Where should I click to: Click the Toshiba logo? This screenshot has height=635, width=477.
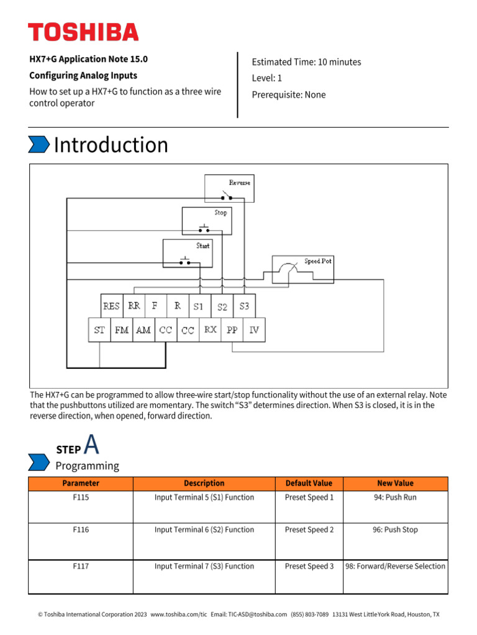(83, 32)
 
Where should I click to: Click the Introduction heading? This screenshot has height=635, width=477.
(111, 145)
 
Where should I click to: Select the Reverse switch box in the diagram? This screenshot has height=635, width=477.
(229, 188)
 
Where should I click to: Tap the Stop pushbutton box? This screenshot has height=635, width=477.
(206, 221)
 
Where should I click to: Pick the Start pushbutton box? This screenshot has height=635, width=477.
(187, 254)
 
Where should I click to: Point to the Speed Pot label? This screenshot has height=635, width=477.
(317, 261)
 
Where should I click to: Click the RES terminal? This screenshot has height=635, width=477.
(112, 306)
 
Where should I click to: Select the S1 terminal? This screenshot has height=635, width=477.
(198, 306)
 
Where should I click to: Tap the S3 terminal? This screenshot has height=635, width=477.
(244, 306)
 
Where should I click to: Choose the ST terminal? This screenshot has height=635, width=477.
(99, 330)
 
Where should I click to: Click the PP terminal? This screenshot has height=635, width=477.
(232, 330)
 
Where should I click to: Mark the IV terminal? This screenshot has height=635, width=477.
(254, 330)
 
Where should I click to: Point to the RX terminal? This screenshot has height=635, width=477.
(211, 330)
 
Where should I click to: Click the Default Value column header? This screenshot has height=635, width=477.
(309, 483)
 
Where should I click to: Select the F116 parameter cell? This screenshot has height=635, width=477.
(81, 530)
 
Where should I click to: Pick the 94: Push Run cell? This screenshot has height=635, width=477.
(395, 497)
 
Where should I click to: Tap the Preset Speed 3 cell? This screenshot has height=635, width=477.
(309, 566)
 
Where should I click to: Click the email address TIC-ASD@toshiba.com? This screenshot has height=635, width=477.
(257, 615)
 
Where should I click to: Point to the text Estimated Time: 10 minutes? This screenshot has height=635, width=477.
(306, 62)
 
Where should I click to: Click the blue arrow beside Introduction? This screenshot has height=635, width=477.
(39, 145)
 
